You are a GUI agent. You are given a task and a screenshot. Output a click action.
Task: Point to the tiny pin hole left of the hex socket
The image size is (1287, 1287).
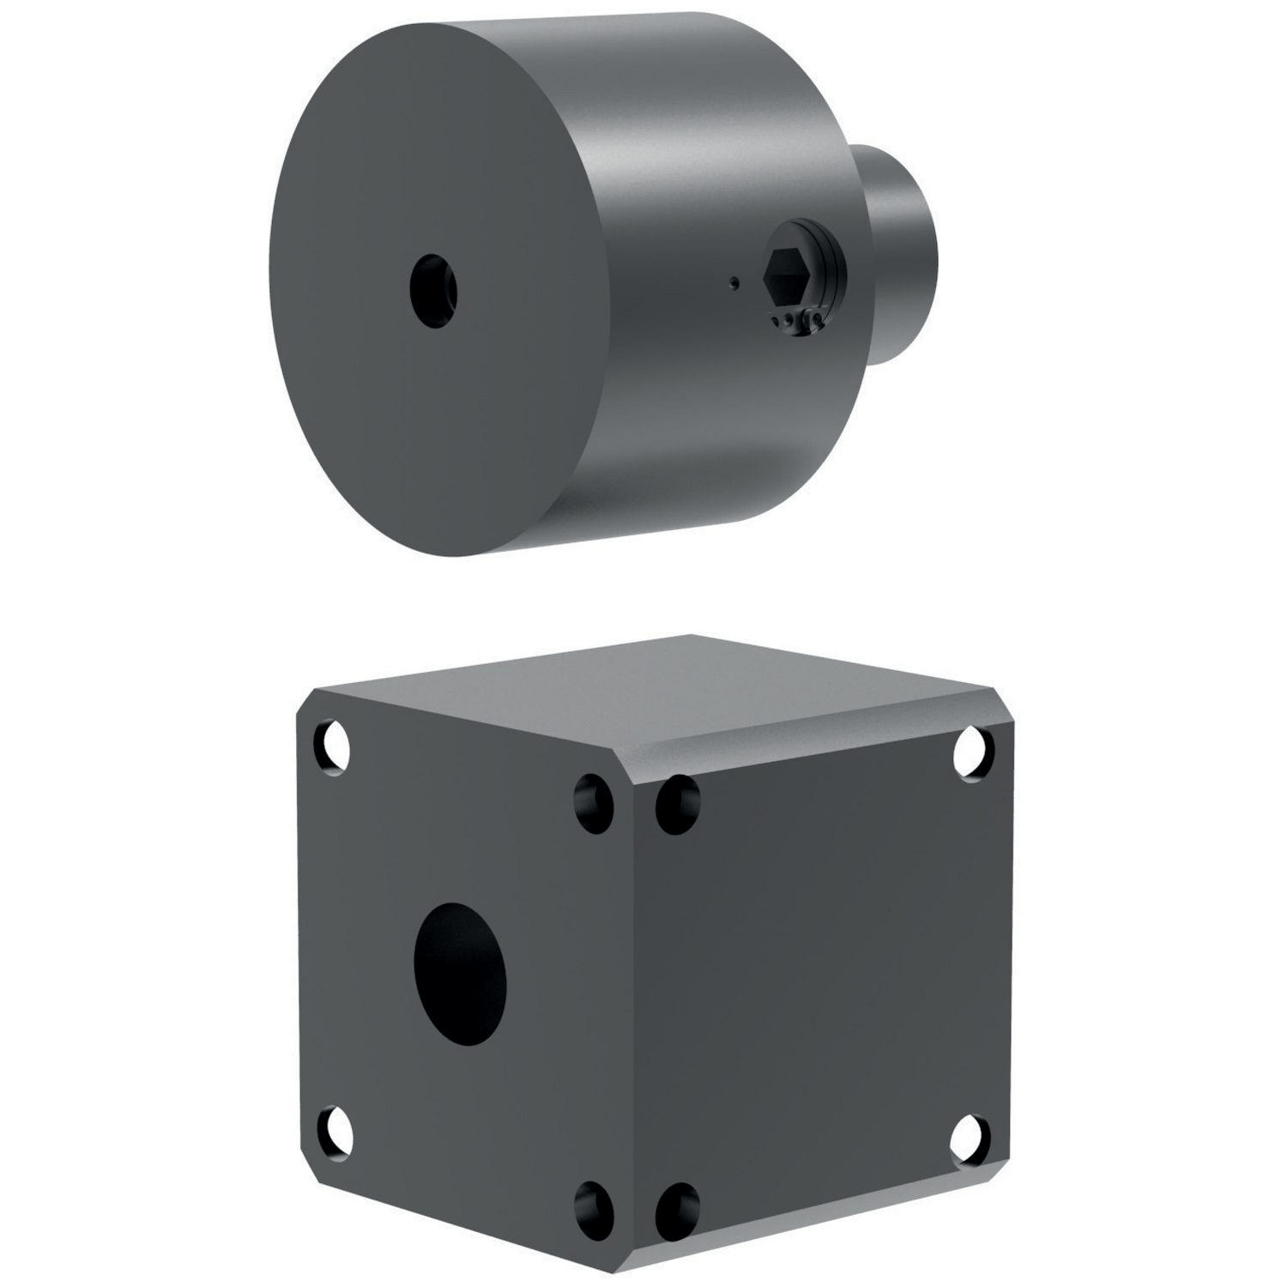(731, 281)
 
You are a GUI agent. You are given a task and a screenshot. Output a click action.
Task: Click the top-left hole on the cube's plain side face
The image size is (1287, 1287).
(678, 804)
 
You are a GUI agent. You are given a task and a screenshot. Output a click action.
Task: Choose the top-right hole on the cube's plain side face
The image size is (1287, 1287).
(976, 743)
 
